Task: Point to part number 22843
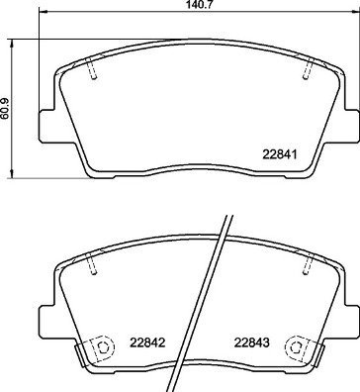(251, 344)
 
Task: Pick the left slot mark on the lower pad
(94, 264)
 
